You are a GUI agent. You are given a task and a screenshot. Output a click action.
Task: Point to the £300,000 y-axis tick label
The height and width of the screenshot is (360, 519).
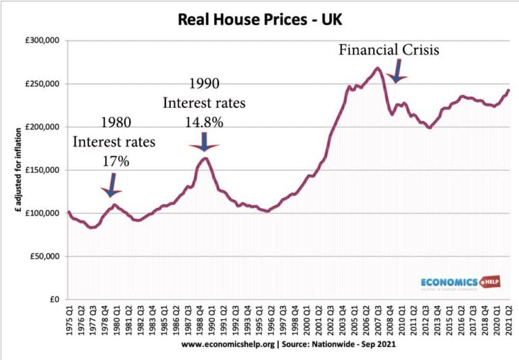pos(42,41)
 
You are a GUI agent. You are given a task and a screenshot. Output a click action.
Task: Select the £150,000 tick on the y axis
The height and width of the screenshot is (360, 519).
pos(42,170)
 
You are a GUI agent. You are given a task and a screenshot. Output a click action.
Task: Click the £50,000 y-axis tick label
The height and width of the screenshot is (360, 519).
pos(44,257)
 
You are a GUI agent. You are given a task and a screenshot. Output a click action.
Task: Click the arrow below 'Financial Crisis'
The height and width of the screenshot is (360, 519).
pos(396,71)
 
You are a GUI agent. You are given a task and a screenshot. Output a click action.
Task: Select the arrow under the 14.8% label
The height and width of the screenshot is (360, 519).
pos(203,138)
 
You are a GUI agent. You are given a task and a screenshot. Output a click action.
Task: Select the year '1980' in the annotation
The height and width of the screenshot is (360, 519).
pos(116,123)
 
